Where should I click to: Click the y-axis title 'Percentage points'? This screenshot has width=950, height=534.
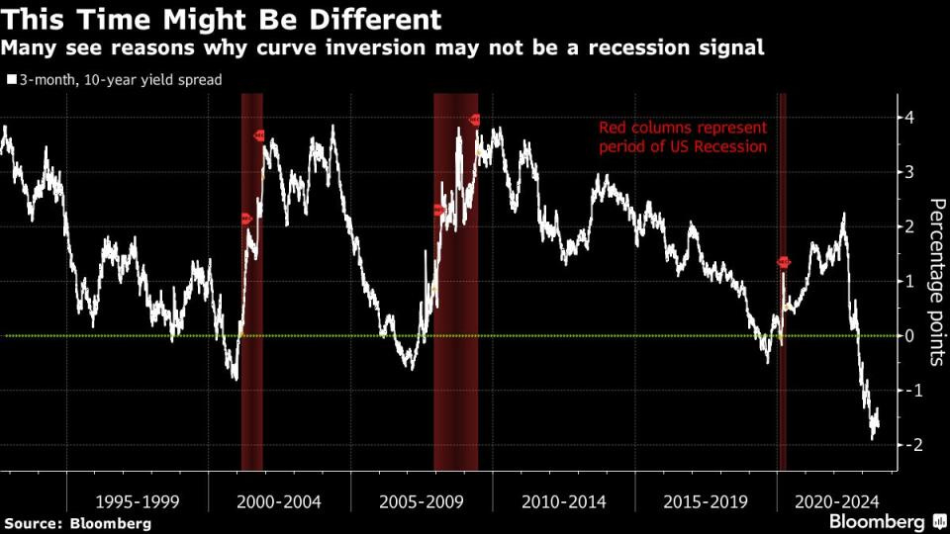[x=935, y=282]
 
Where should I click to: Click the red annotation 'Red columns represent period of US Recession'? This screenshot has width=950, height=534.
[x=683, y=137]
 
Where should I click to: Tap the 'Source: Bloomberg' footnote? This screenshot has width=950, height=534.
[x=78, y=523]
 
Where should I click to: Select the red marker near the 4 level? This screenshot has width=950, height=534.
[x=475, y=120]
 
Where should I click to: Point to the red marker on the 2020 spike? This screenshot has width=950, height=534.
[x=784, y=262]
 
